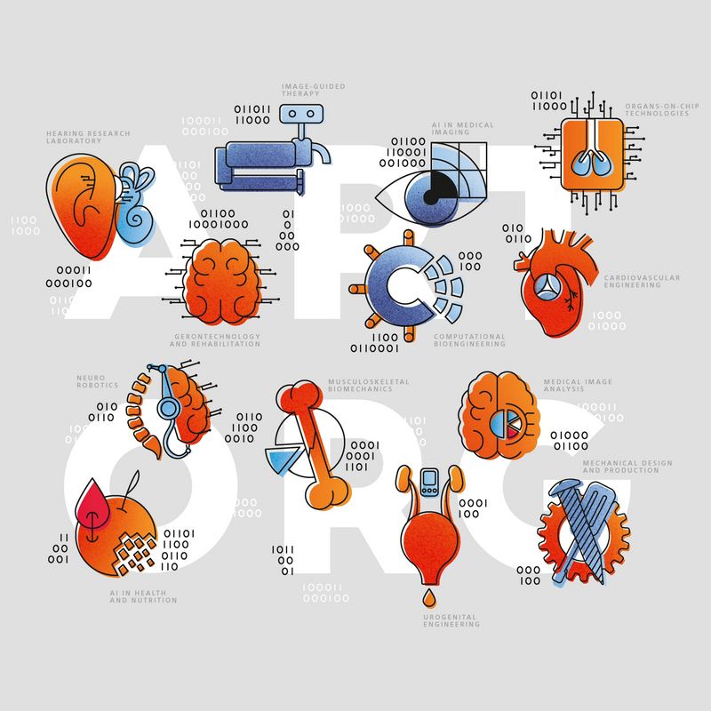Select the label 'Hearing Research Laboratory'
coord(87,138)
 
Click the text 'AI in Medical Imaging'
coord(462,129)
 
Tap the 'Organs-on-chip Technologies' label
coord(656,109)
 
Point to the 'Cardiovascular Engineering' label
coord(642,282)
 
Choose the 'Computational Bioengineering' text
coord(469,340)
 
